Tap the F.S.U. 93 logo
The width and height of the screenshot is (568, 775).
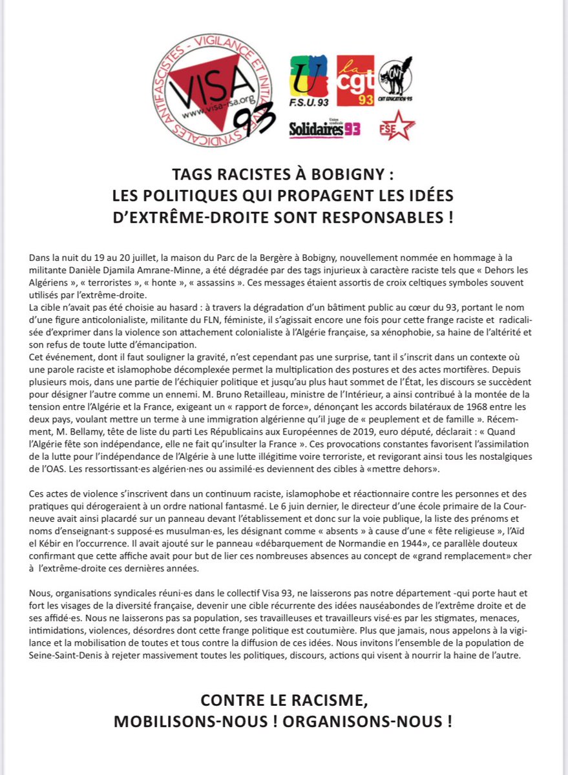pyautogui.click(x=308, y=81)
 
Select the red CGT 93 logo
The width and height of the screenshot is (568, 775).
pyautogui.click(x=355, y=80)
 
